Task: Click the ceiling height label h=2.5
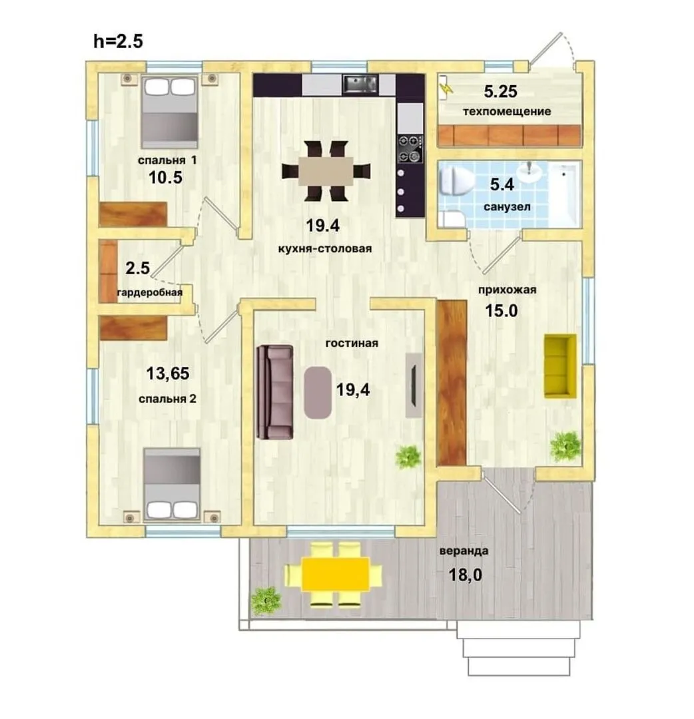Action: coord(118,41)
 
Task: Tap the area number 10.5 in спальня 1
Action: coord(166,177)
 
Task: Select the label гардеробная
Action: coord(150,292)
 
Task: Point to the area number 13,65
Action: coord(168,373)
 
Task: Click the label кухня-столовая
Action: coord(325,249)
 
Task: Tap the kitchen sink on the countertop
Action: coord(360,84)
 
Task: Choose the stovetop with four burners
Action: coord(410,149)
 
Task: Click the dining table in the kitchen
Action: coord(326,171)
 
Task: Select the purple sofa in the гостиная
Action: coord(275,392)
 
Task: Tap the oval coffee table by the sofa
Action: coord(318,393)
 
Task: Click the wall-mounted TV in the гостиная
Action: coord(414,385)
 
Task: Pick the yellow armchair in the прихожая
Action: coord(560,366)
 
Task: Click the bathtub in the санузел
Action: coord(565,194)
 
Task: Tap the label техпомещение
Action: coord(507,111)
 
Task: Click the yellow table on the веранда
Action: coord(335,574)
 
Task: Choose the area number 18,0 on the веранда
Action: coord(465,575)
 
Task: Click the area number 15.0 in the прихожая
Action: coord(502,310)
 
